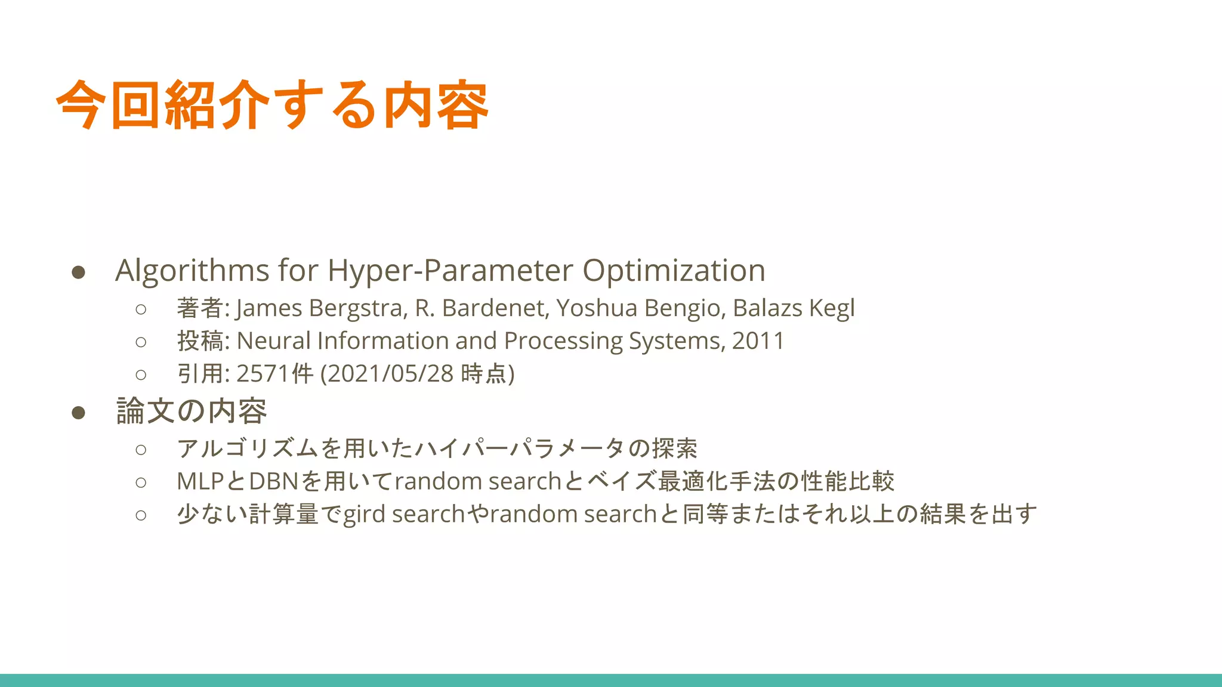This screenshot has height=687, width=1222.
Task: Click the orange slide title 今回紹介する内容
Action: [272, 105]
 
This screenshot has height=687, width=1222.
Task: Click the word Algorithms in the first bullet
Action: [192, 271]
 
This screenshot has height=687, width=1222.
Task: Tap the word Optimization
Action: [674, 271]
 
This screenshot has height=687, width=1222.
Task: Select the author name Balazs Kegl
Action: [794, 308]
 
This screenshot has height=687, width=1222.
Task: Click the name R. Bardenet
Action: [480, 308]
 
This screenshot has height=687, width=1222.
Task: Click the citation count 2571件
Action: [275, 374]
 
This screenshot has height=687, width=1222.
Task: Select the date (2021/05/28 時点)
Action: [417, 374]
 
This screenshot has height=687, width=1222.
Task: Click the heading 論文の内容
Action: [192, 411]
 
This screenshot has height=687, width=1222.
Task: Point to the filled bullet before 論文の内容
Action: [78, 413]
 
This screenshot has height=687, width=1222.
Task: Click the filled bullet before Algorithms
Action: [78, 273]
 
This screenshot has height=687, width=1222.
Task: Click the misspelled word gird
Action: [364, 514]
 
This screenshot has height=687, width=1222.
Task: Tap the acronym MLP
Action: [200, 481]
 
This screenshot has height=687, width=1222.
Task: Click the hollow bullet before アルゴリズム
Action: [141, 449]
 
